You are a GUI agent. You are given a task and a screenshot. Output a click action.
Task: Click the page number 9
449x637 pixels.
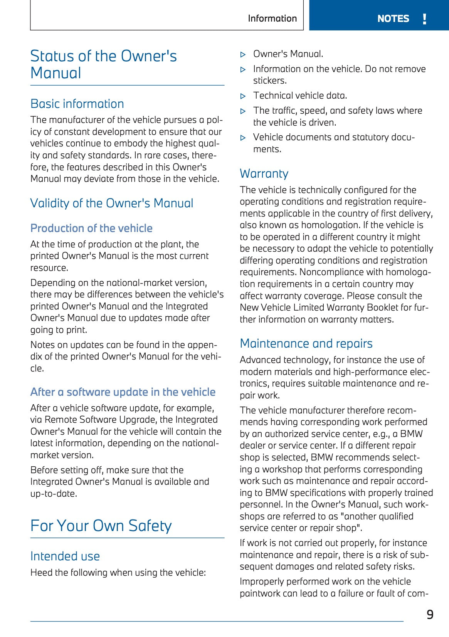click(x=430, y=614)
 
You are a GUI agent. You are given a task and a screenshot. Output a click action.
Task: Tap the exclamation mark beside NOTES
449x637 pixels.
click(x=424, y=19)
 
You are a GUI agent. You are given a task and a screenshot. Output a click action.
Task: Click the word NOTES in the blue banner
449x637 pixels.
click(x=393, y=19)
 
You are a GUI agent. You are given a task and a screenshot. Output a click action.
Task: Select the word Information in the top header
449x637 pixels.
click(x=272, y=18)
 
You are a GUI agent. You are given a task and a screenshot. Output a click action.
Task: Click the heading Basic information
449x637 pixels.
click(x=77, y=104)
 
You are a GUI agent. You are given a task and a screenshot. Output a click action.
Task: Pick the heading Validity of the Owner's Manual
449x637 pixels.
click(x=112, y=203)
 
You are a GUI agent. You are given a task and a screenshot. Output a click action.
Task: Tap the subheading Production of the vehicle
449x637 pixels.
click(x=91, y=228)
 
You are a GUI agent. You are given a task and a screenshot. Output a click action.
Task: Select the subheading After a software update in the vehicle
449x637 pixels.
click(x=123, y=392)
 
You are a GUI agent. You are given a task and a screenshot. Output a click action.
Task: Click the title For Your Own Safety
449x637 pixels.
click(x=101, y=526)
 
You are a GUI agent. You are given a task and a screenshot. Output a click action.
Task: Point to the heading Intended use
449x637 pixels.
click(x=65, y=556)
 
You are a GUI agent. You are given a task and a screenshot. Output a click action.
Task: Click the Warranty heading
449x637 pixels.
click(x=264, y=173)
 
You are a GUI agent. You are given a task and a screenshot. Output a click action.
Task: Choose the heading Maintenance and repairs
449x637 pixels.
click(x=306, y=343)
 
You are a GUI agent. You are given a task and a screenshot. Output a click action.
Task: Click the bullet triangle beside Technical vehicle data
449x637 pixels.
click(x=243, y=96)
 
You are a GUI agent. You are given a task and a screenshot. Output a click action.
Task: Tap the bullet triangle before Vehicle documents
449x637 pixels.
click(x=243, y=138)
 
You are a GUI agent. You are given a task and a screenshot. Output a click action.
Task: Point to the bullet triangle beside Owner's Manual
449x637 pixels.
click(x=243, y=54)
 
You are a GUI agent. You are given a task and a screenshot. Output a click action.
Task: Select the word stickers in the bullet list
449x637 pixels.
click(x=269, y=81)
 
